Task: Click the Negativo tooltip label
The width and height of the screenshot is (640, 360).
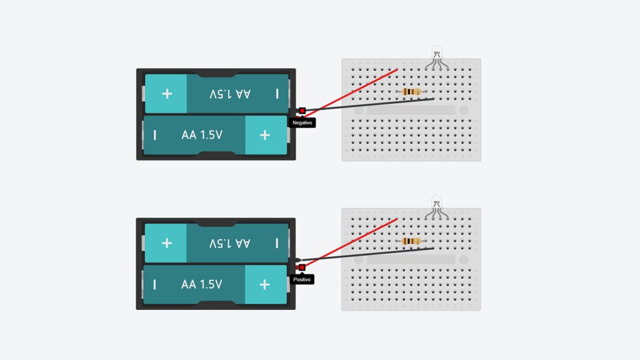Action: tap(302, 122)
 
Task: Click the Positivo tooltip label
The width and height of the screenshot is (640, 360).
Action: tap(302, 279)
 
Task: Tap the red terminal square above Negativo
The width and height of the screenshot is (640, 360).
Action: tap(302, 111)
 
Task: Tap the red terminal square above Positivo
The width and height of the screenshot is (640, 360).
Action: tap(302, 267)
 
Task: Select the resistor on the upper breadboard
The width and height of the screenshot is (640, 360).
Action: tap(411, 92)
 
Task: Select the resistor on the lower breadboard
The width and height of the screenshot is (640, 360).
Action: tap(411, 241)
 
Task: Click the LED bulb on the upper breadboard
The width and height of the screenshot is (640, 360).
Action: tap(437, 52)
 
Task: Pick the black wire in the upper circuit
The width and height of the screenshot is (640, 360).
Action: tap(369, 104)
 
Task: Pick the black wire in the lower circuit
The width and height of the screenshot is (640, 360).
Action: tap(366, 254)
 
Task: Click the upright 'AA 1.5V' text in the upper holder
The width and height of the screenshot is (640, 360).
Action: tap(202, 135)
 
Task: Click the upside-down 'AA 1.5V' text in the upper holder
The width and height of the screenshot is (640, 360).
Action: tap(230, 94)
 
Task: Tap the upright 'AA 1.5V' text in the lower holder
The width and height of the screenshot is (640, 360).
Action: tap(202, 284)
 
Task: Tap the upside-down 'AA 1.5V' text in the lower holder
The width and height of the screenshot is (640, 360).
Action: tap(229, 243)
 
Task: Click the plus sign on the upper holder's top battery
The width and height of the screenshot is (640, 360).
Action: tap(167, 94)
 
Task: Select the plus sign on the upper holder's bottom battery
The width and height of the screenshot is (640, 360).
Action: tap(265, 135)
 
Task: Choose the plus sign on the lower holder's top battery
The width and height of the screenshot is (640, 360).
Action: tap(166, 243)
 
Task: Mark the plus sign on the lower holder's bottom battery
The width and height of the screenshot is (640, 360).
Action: tap(264, 284)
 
